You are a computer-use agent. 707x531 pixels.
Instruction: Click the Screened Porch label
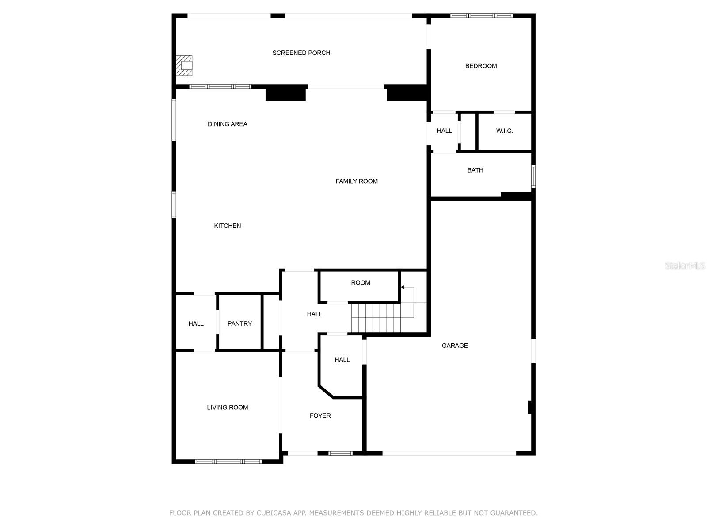click(301, 53)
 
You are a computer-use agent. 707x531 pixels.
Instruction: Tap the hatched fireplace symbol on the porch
click(184, 65)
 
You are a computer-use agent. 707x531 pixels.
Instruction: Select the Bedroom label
click(481, 66)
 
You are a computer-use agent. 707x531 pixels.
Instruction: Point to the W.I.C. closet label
click(504, 131)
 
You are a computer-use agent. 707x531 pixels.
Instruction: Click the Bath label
click(475, 170)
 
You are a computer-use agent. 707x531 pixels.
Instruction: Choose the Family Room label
click(357, 181)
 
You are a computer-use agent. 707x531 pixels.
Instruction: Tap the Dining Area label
click(228, 124)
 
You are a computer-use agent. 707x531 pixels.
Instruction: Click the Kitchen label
click(228, 226)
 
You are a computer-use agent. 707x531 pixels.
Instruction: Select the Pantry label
click(239, 324)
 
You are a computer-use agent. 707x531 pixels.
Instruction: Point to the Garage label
click(455, 346)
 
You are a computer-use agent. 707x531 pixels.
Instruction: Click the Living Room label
click(228, 408)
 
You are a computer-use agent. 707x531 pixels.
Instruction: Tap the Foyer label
click(320, 416)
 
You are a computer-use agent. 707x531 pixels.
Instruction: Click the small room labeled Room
click(361, 283)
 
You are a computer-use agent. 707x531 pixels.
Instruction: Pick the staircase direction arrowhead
click(403, 288)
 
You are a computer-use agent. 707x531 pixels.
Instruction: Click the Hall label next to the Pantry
click(196, 324)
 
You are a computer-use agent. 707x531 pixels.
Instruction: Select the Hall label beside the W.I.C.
click(444, 131)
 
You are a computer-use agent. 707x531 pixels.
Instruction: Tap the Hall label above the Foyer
click(342, 360)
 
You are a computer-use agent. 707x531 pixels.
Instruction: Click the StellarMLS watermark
click(684, 266)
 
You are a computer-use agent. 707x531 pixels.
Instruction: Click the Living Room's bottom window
click(228, 462)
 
